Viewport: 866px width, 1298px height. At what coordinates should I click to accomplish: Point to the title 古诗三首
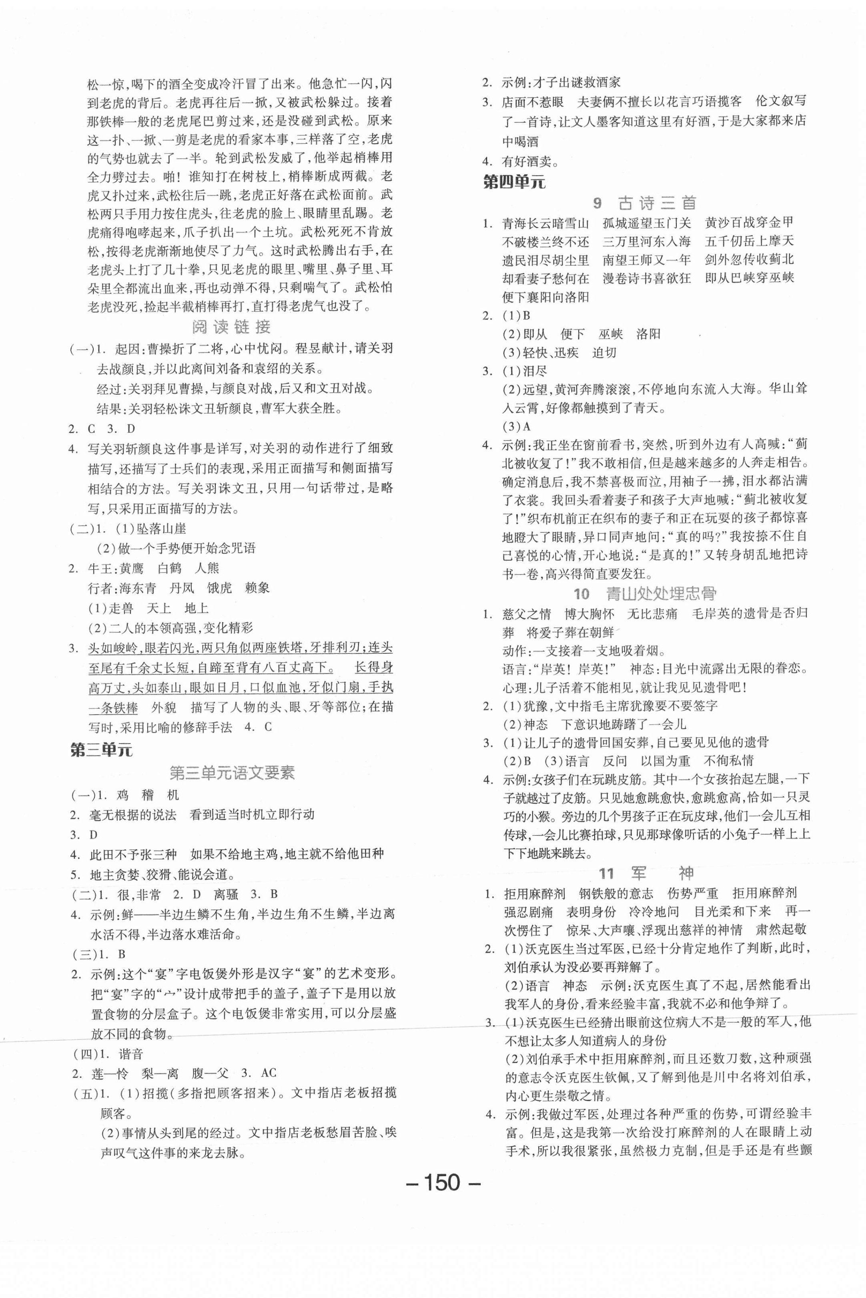pyautogui.click(x=657, y=203)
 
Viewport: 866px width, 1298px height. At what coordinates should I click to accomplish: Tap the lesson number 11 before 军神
pyautogui.click(x=606, y=874)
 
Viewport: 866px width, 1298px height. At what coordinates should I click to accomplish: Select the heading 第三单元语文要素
pyautogui.click(x=232, y=772)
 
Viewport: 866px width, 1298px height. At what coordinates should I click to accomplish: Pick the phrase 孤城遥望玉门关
pyautogui.click(x=647, y=223)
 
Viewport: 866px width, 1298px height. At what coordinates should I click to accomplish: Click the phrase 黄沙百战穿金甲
pyautogui.click(x=749, y=223)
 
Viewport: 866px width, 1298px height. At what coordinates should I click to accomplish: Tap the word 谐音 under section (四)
pyautogui.click(x=131, y=1054)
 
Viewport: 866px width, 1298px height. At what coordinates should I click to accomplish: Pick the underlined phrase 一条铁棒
pyautogui.click(x=113, y=708)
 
